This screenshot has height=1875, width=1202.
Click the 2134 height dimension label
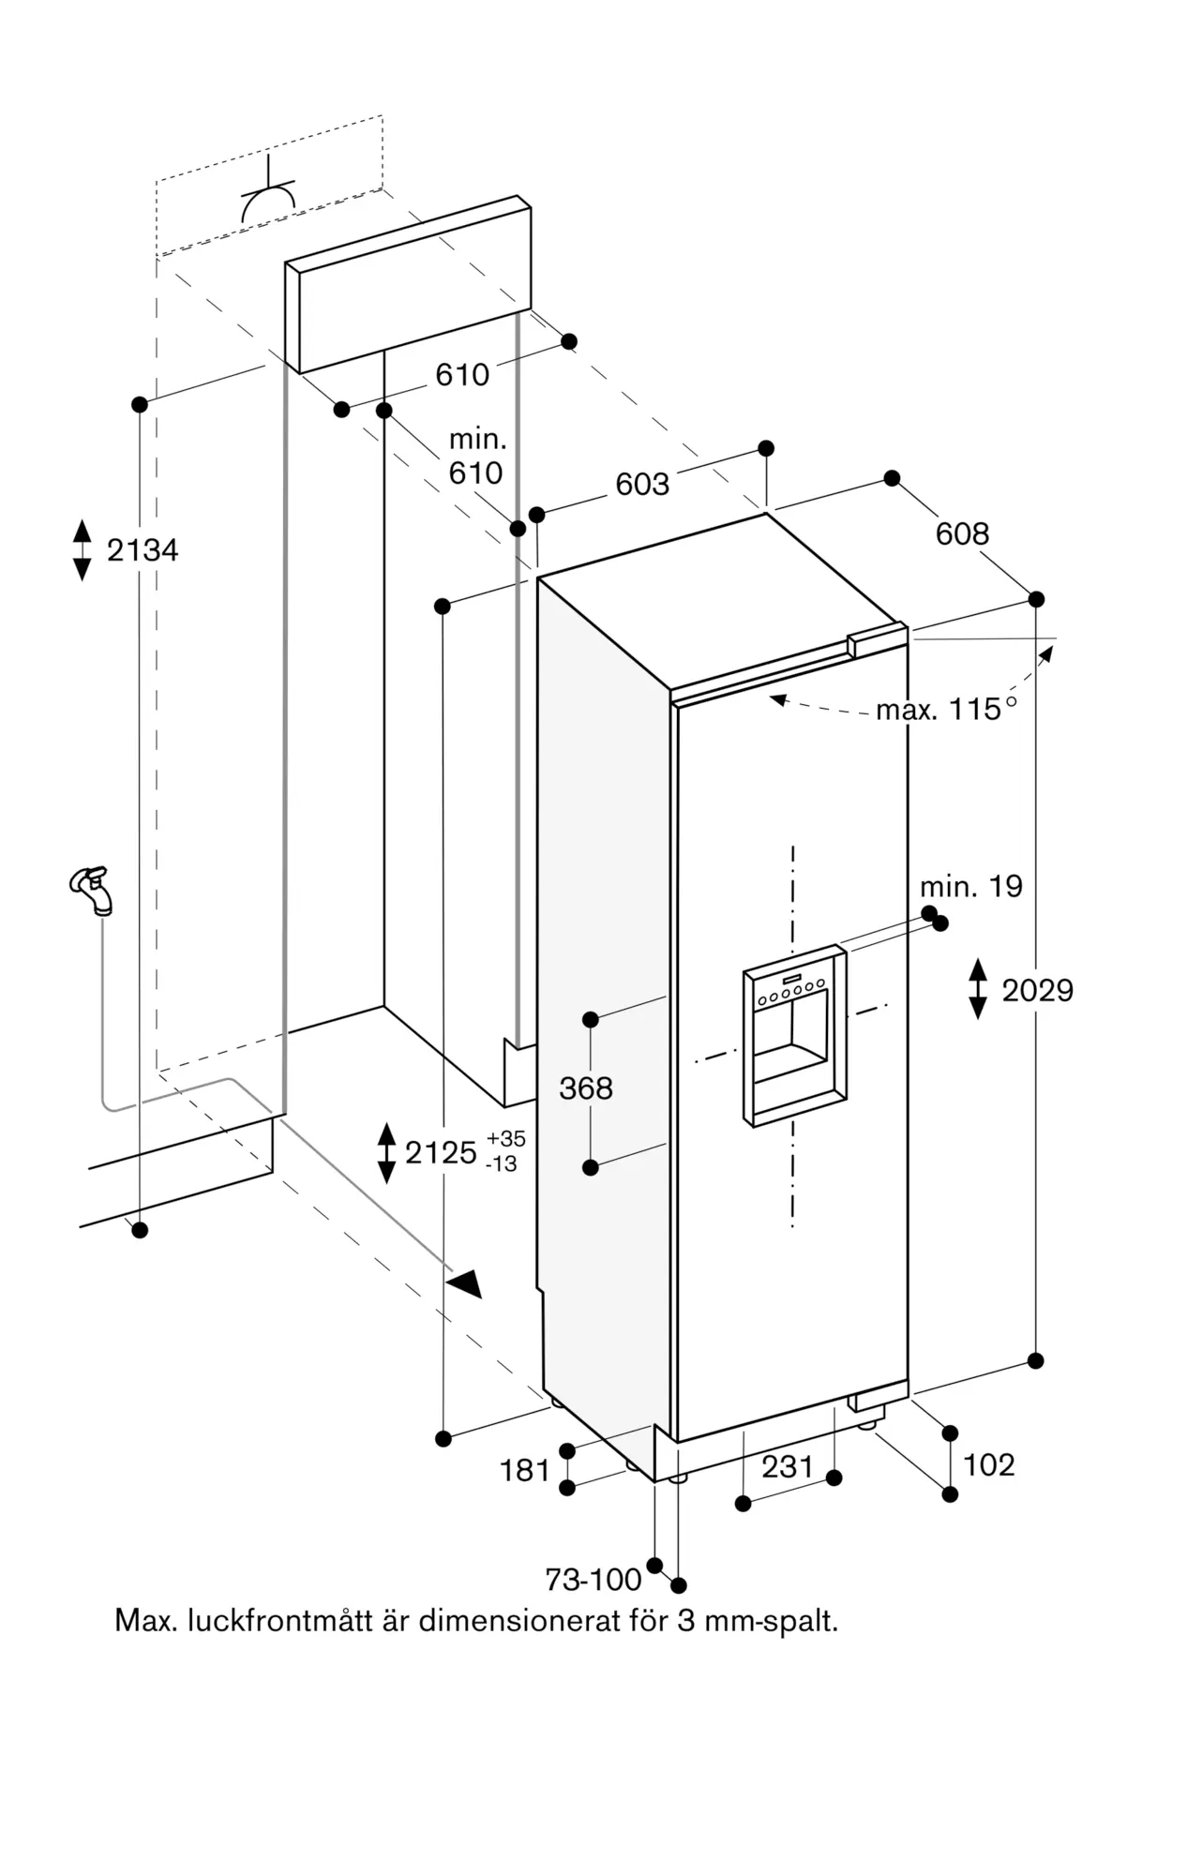pos(143,550)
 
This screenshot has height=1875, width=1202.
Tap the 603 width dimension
pos(642,484)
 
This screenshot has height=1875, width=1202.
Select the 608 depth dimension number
pos(962,533)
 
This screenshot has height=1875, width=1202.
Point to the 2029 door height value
pos(1037,990)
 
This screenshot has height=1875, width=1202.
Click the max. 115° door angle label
pos(946,709)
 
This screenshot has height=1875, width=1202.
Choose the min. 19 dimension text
pos(970,886)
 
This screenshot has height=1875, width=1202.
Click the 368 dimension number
pos(586,1087)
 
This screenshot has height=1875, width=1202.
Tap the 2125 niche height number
pos(441,1152)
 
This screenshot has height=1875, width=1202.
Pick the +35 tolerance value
pos(506,1138)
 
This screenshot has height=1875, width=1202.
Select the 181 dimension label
pos(525,1470)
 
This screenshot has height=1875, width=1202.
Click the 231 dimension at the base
pos(787,1466)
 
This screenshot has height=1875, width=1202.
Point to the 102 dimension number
pos(989,1464)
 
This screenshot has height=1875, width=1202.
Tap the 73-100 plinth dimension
pos(593,1580)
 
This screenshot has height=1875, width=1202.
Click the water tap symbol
pos(92,890)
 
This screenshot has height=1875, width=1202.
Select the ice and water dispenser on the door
pos(795,1035)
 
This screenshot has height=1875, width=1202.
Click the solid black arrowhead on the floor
pos(465,1282)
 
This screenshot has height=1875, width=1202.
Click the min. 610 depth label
pos(476,456)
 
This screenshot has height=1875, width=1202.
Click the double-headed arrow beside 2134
pos(83,550)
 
